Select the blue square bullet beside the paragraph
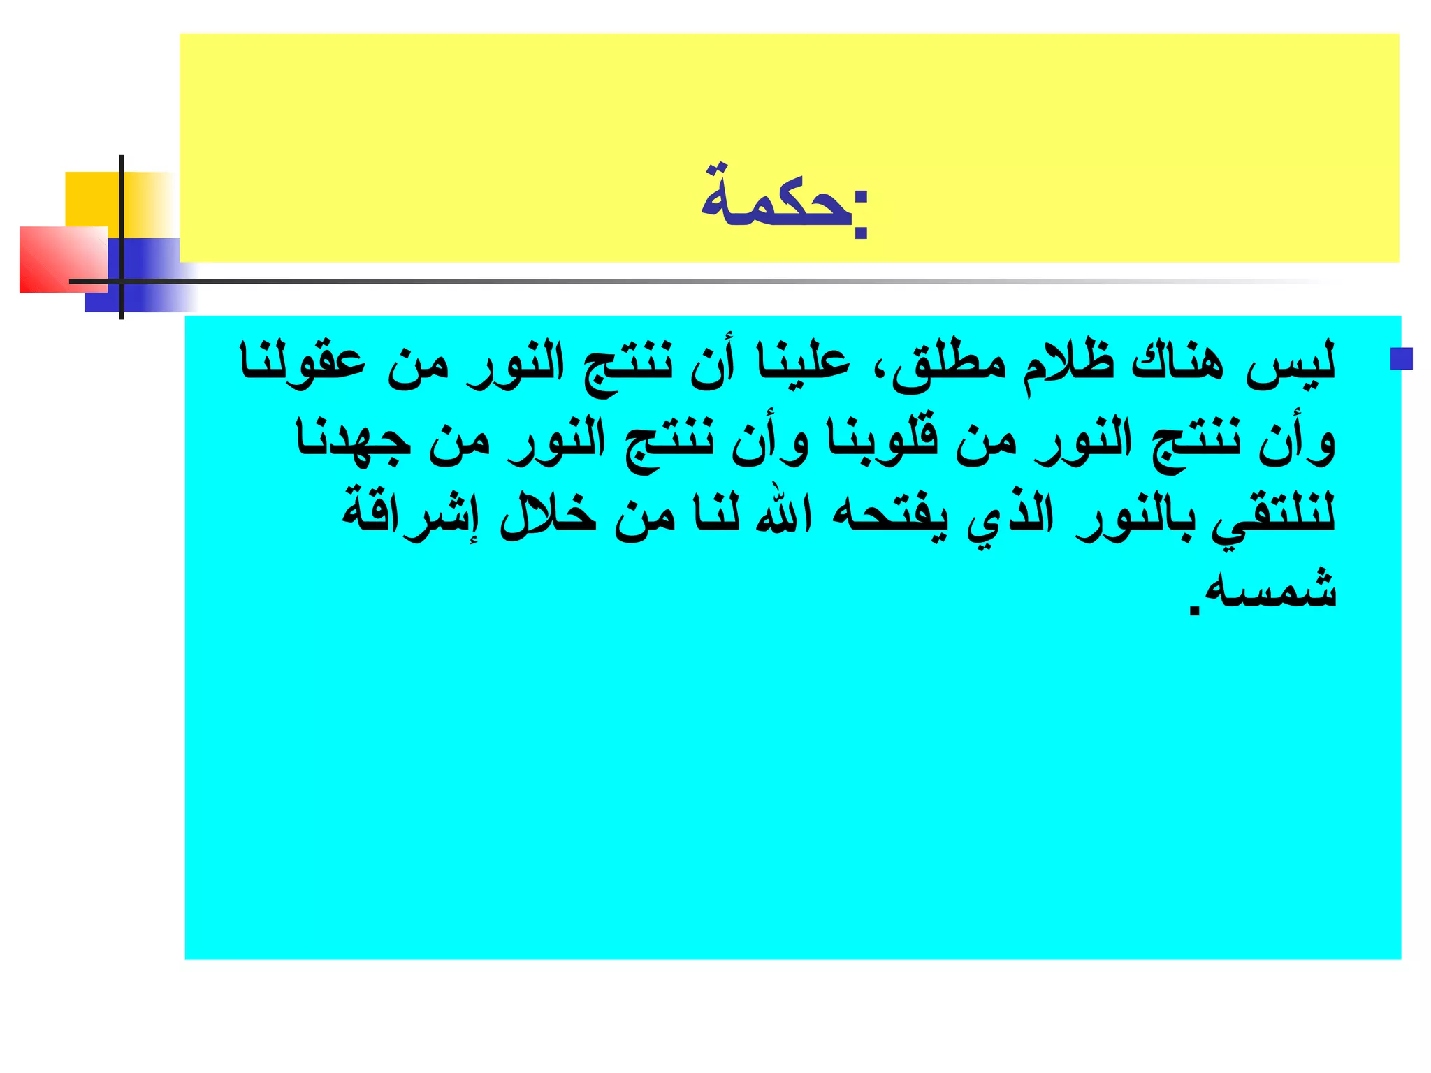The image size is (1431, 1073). point(1401,358)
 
